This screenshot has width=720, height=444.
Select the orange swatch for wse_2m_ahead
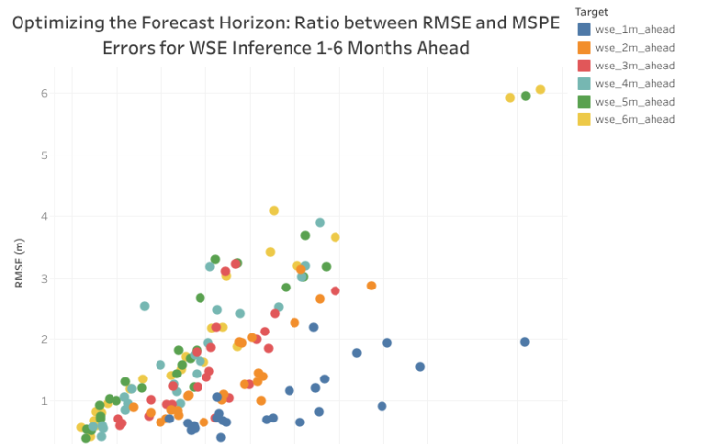pyautogui.click(x=584, y=47)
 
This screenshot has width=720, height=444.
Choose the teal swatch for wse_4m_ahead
pyautogui.click(x=584, y=83)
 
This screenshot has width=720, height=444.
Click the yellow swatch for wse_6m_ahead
pyautogui.click(x=584, y=119)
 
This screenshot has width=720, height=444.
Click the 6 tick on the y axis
pyautogui.click(x=44, y=94)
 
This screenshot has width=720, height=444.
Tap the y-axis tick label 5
pyautogui.click(x=44, y=155)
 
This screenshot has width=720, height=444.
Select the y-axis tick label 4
pyautogui.click(x=44, y=217)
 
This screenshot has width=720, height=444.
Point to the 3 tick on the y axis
pyautogui.click(x=44, y=279)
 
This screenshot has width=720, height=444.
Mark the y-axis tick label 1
pyautogui.click(x=44, y=401)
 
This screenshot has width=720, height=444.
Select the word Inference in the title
pyautogui.click(x=296, y=48)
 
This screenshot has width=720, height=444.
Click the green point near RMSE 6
pyautogui.click(x=525, y=96)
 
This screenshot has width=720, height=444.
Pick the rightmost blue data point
pyautogui.click(x=525, y=342)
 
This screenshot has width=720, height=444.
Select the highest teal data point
pyautogui.click(x=320, y=223)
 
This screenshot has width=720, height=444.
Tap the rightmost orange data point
pyautogui.click(x=371, y=286)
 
